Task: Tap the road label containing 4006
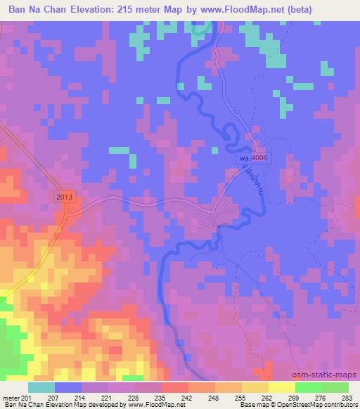tap(254, 161)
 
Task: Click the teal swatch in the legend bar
tap(41, 387)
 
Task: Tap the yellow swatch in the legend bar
tap(282, 387)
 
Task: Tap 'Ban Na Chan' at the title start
tap(34, 9)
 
